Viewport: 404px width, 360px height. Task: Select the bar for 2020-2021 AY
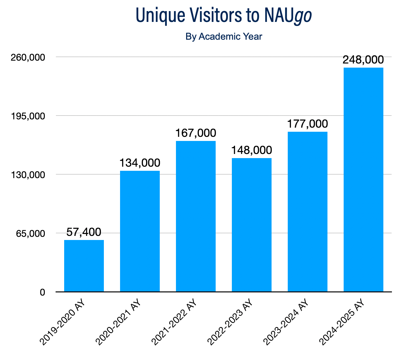coord(140,231)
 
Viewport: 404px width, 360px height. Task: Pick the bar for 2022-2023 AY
coord(252,224)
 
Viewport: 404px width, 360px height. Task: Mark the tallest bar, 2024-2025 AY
coord(363,179)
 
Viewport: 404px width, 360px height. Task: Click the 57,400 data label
coord(84,232)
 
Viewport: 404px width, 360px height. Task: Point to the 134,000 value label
coord(140,163)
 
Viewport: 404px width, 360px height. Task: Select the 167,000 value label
coord(196,133)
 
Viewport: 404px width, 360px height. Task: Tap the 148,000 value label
coord(252,150)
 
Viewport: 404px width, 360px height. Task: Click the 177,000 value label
coord(307,124)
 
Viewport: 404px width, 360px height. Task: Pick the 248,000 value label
coord(363,60)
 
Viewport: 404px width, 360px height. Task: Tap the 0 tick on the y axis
coord(42,292)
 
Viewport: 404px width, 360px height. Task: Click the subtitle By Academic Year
coord(224,37)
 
